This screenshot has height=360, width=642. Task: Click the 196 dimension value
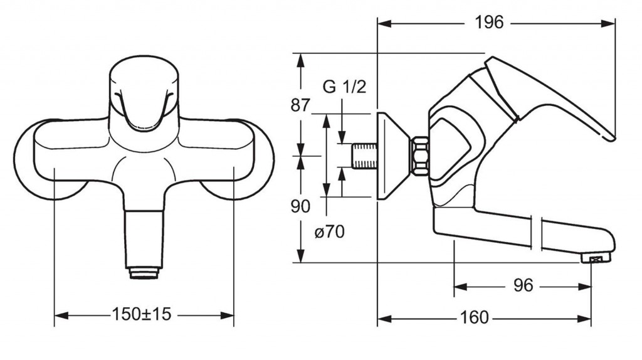click(489, 23)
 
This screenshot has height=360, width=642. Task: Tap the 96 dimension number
click(522, 286)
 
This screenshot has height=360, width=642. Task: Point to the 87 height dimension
click(300, 105)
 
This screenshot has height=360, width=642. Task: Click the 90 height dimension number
click(300, 206)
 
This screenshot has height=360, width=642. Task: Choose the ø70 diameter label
click(329, 232)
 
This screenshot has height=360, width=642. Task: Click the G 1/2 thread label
click(344, 87)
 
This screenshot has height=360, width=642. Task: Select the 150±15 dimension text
click(141, 314)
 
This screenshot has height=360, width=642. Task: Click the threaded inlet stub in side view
click(363, 156)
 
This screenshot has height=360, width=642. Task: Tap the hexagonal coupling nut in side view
click(418, 156)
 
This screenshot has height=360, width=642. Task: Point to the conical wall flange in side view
click(392, 156)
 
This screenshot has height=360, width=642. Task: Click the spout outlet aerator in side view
click(598, 258)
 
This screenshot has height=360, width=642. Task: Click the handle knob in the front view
click(144, 94)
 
